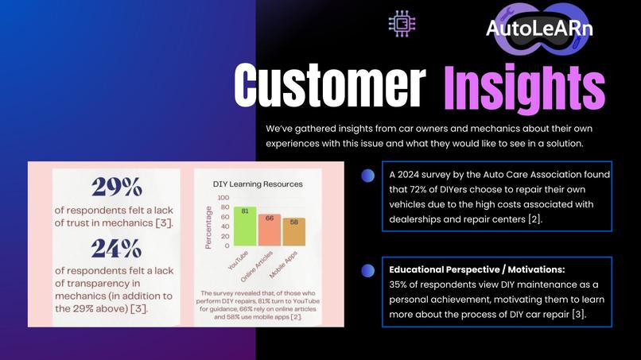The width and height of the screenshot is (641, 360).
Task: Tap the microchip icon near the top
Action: coord(402,24)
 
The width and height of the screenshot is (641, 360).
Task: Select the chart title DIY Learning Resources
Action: coord(258,184)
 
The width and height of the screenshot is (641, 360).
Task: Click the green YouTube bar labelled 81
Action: coord(245,226)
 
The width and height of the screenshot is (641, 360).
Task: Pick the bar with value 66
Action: coord(269,230)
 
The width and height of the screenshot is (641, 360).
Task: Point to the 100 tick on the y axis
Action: coord(224,197)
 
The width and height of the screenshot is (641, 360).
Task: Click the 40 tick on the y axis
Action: coord(225,226)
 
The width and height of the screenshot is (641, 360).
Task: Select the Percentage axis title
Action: coord(209,226)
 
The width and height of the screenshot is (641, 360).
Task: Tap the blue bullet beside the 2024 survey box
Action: coord(367,176)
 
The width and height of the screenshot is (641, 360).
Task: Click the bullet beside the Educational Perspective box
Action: coord(367,271)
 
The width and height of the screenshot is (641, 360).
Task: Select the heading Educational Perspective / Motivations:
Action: coord(477,269)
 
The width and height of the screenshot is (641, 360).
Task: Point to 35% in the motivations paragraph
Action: coord(399,285)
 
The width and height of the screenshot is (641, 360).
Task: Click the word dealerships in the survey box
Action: coord(418,219)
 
